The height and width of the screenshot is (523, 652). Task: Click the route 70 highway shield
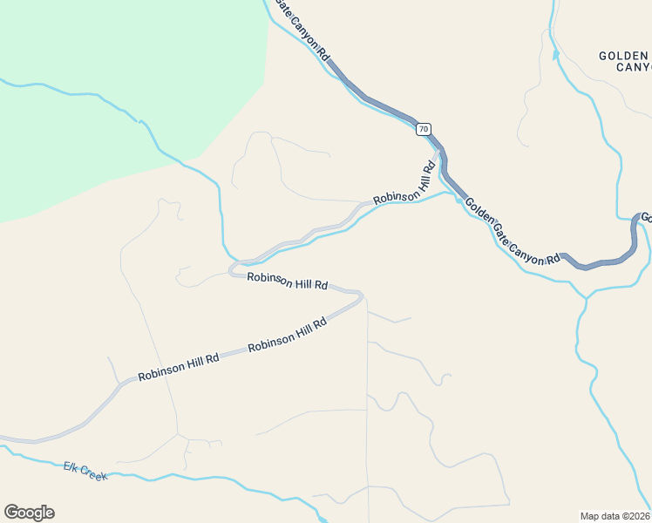tap(423, 129)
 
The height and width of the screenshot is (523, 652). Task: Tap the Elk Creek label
tap(85, 471)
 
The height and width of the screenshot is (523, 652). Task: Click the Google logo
tap(29, 513)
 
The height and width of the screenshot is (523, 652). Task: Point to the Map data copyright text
tap(615, 516)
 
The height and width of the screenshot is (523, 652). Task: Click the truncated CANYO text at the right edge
tap(634, 67)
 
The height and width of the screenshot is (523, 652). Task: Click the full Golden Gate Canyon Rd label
tap(512, 231)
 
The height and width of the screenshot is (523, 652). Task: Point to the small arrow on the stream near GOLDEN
tap(555, 54)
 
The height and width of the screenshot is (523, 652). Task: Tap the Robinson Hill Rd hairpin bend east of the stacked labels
tap(359, 296)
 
